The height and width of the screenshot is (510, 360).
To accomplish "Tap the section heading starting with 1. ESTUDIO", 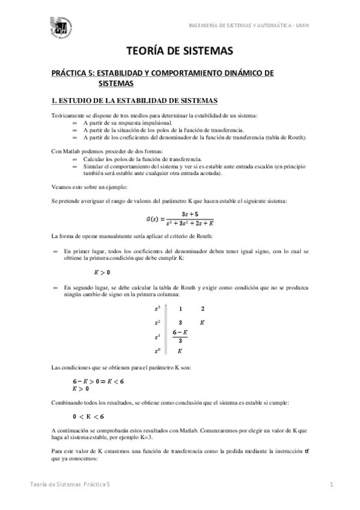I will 135,99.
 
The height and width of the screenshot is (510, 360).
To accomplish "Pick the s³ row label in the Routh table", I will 157,309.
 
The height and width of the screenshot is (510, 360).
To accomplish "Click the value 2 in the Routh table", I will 203,309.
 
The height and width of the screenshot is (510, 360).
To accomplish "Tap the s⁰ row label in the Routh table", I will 157,351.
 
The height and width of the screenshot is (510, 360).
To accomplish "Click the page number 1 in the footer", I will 331,484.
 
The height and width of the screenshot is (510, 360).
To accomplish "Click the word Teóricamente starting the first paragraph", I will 68,115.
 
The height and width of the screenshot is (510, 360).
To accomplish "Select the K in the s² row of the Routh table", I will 203,323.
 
